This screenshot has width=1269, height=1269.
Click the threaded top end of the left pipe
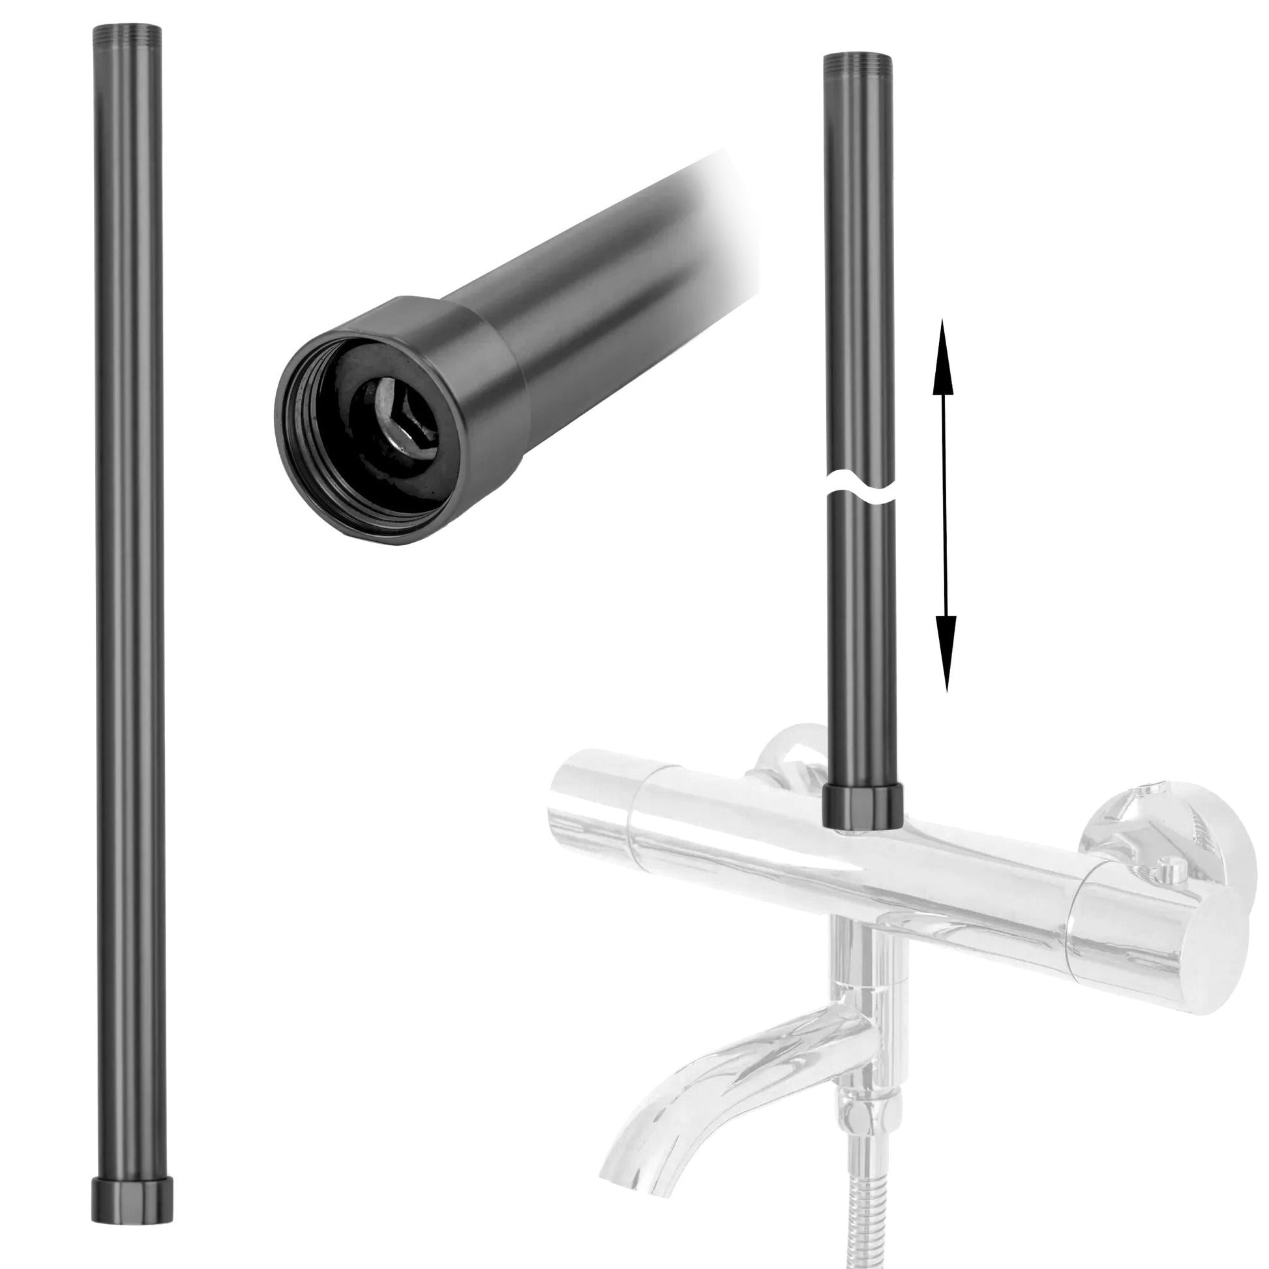[x=128, y=33]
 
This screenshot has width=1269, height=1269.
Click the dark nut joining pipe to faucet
[x=863, y=809]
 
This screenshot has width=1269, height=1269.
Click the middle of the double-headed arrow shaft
[x=944, y=506]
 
